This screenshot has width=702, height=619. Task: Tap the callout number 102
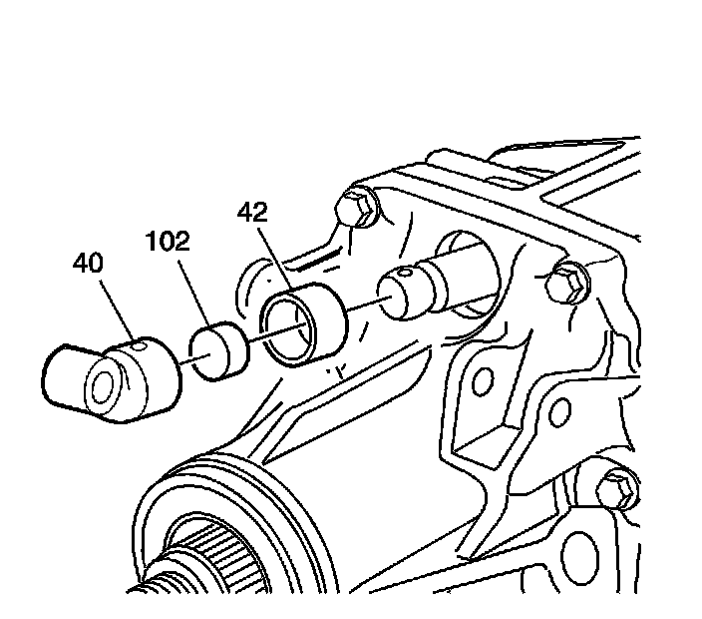coord(168,242)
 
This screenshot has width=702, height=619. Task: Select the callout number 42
coord(254,213)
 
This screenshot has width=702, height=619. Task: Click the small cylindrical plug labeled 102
coord(220,352)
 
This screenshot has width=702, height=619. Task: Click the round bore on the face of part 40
coord(103,386)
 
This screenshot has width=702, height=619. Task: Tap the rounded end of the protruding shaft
coord(394,291)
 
